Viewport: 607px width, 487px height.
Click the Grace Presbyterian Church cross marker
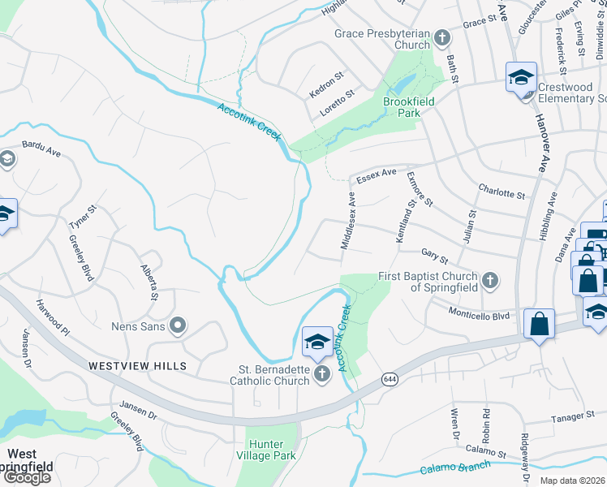[442, 37]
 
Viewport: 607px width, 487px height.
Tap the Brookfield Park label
[409, 107]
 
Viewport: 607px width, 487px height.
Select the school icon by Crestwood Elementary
[521, 78]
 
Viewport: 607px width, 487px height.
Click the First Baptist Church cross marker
[489, 281]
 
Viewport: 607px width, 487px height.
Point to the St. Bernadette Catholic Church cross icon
[322, 373]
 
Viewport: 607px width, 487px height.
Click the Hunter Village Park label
[272, 450]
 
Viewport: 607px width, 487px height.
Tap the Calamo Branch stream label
[456, 468]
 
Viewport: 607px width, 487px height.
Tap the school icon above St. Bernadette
[316, 342]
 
